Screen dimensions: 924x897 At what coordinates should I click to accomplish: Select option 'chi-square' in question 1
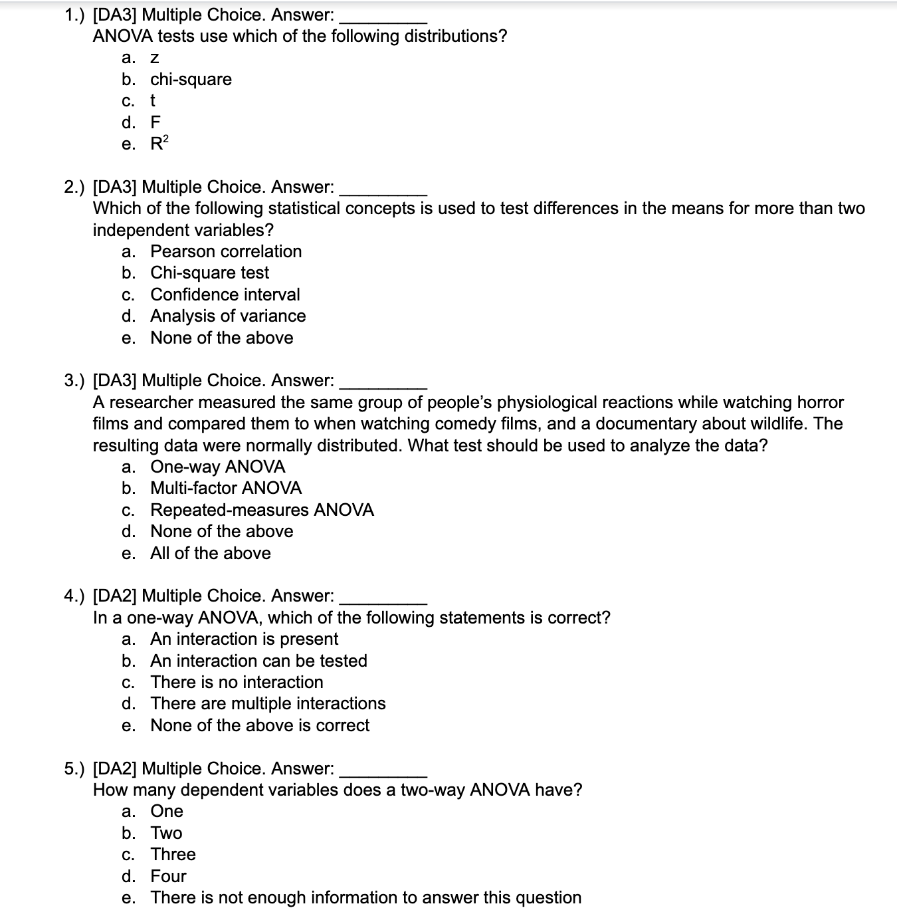pyautogui.click(x=191, y=80)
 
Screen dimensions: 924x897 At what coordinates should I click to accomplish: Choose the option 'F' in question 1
pyautogui.click(x=155, y=122)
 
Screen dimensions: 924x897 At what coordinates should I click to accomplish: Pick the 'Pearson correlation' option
pyautogui.click(x=226, y=251)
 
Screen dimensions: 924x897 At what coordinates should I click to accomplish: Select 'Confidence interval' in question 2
pyautogui.click(x=225, y=294)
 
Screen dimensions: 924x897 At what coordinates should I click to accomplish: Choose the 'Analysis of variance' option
pyautogui.click(x=228, y=316)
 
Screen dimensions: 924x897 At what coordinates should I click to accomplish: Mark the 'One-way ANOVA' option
pyautogui.click(x=217, y=467)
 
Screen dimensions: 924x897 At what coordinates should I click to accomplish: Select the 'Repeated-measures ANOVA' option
pyautogui.click(x=262, y=510)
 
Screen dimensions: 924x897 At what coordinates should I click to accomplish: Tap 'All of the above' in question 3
pyautogui.click(x=210, y=553)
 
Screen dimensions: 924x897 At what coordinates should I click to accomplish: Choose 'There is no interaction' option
pyautogui.click(x=237, y=682)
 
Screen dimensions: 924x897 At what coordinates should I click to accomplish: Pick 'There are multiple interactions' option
pyautogui.click(x=268, y=703)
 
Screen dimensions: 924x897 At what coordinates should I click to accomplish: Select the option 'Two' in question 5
pyautogui.click(x=166, y=833)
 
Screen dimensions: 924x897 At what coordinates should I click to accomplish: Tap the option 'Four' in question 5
pyautogui.click(x=168, y=876)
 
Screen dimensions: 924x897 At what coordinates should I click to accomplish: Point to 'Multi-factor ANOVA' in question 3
pyautogui.click(x=226, y=488)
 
